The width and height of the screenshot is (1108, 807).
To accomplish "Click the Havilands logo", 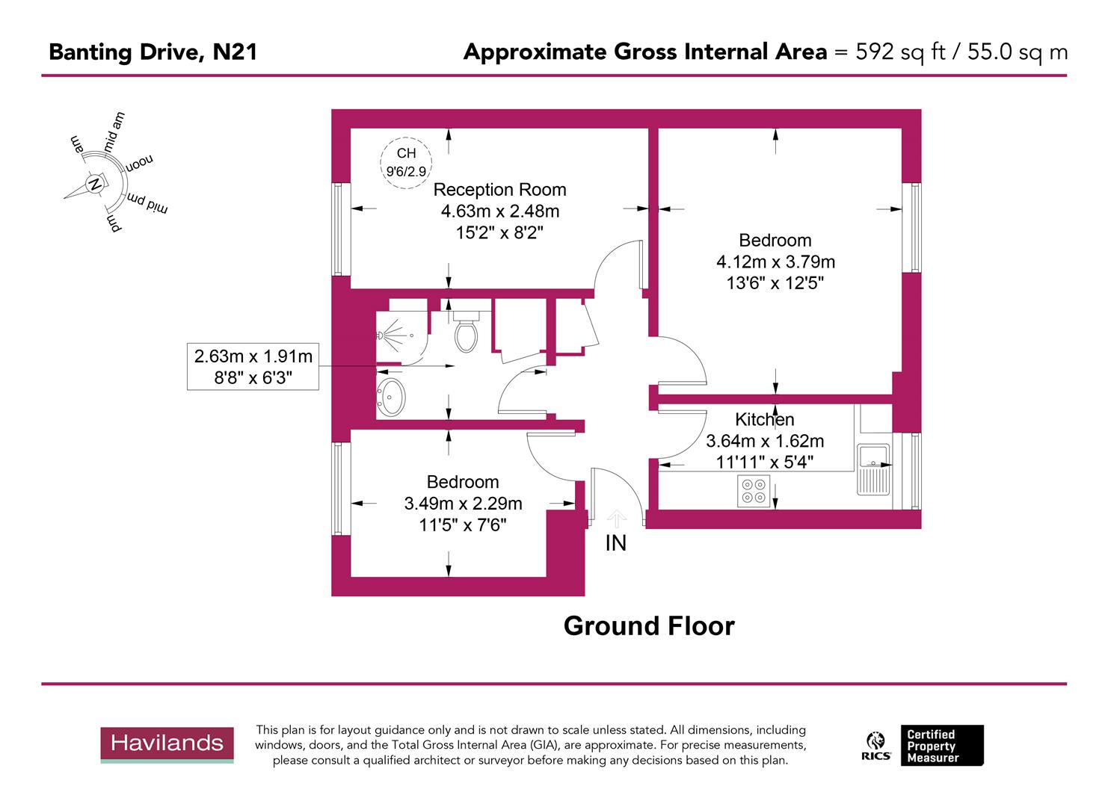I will (x=167, y=743).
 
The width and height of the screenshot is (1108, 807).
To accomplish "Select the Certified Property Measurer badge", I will (x=941, y=745).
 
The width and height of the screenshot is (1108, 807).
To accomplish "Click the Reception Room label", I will (x=499, y=190).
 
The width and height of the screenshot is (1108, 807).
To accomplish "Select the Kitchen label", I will (x=764, y=419).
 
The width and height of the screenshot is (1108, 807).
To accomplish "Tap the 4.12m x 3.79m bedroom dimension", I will (x=775, y=262).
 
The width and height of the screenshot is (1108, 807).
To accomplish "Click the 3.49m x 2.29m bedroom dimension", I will (x=463, y=504).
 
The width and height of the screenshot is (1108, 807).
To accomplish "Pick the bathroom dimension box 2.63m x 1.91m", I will (x=253, y=366).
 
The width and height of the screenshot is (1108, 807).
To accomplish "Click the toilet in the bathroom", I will (x=466, y=334).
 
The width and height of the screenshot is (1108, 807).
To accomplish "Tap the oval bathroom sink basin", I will (x=392, y=397).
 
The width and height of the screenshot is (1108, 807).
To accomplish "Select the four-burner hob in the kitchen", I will (x=753, y=491).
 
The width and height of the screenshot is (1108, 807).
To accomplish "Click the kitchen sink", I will (x=872, y=469).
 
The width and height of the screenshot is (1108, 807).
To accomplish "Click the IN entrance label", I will (x=615, y=543).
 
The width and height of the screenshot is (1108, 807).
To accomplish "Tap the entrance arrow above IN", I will (x=616, y=518).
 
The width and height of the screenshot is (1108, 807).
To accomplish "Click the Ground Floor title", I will (x=649, y=626).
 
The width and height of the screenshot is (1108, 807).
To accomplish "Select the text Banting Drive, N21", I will (x=153, y=52).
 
